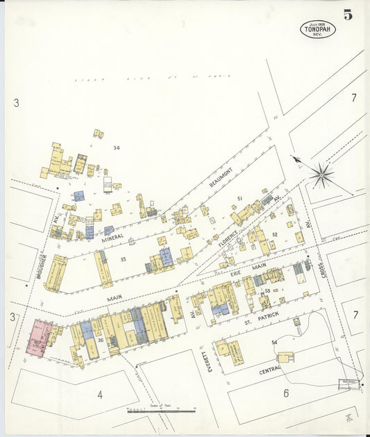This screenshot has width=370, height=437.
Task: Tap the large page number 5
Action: [346, 14]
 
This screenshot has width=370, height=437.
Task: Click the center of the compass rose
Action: [321, 174]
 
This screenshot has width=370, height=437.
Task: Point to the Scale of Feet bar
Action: [161, 411]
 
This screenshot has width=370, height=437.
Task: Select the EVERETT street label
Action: [210, 361]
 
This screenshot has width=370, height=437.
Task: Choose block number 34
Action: [117, 147]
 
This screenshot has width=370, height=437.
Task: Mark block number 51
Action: [239, 199]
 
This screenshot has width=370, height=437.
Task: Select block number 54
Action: [274, 343]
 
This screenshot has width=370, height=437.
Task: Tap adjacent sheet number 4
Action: [100, 395]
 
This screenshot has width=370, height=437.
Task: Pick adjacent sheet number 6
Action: [285, 393]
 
